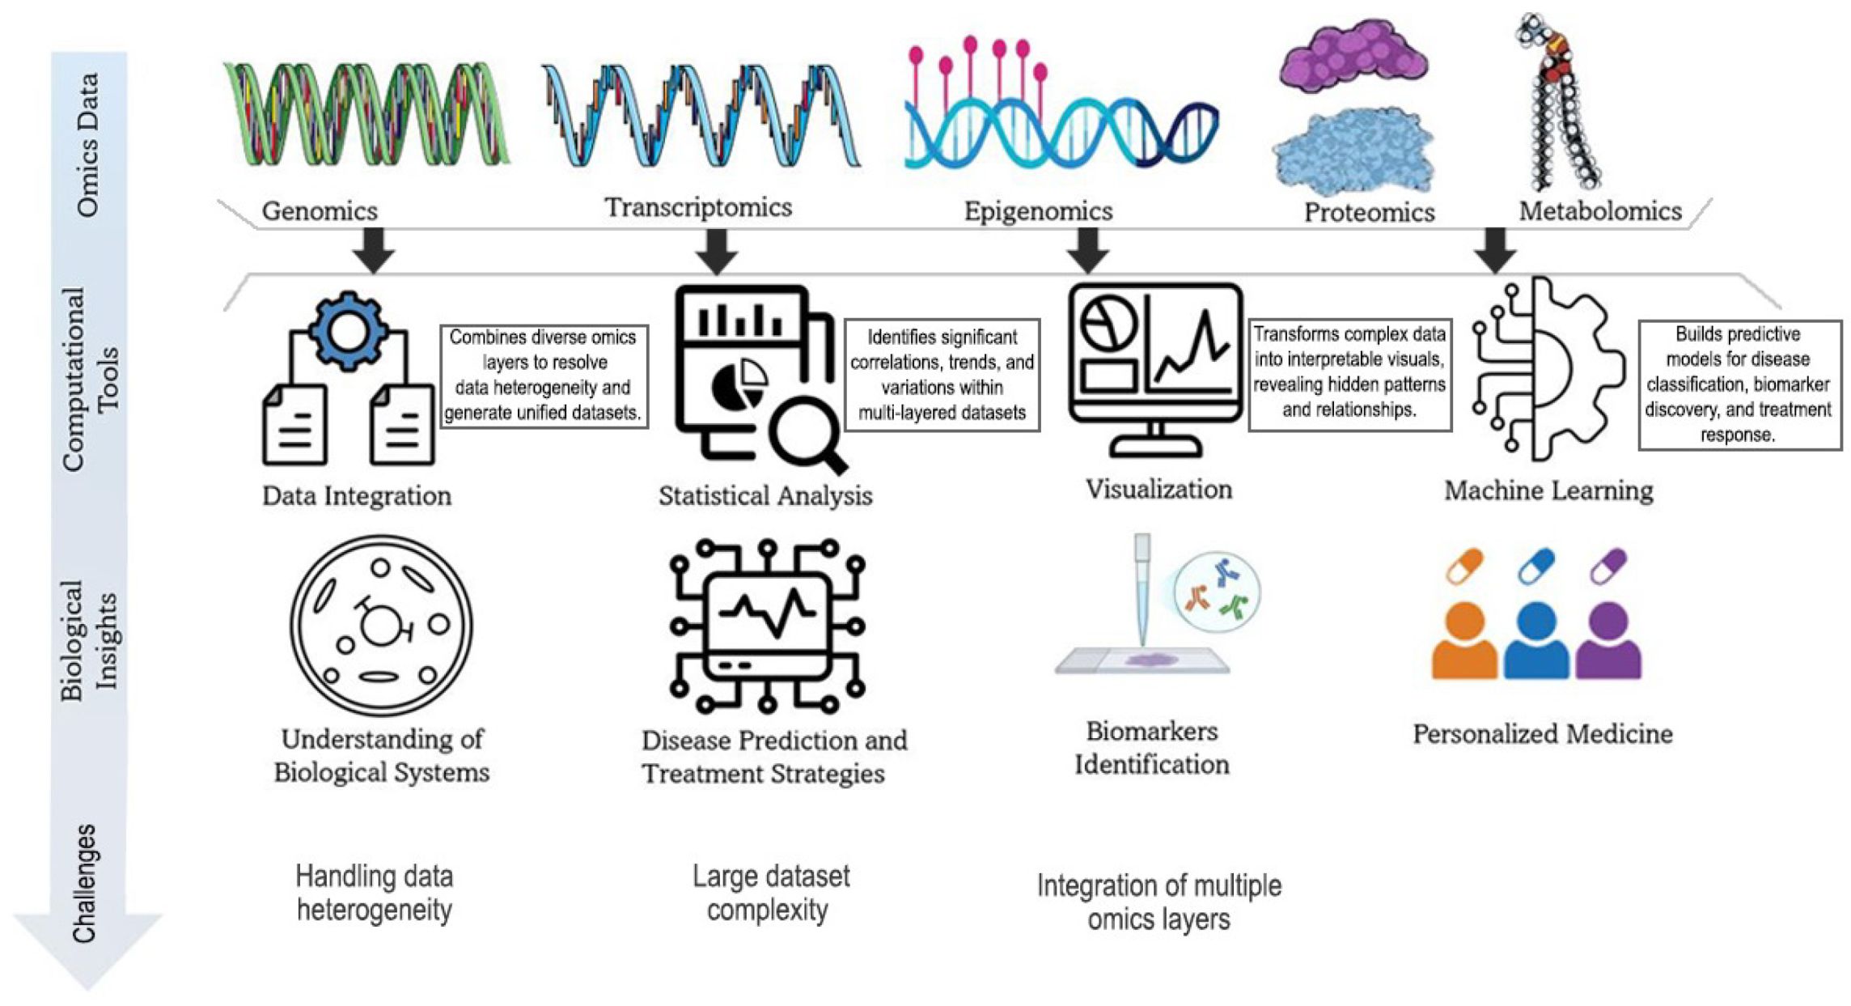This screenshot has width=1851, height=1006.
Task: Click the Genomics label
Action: (x=320, y=211)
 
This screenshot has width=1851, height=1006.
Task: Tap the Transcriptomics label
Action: (x=698, y=207)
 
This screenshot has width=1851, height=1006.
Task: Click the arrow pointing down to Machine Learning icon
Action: (x=1494, y=249)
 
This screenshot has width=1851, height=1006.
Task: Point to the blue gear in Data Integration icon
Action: (x=349, y=333)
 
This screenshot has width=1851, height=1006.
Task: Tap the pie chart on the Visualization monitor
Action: (x=1110, y=325)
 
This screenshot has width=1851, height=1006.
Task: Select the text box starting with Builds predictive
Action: (x=1739, y=384)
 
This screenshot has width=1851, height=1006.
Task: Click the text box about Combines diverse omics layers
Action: (x=544, y=375)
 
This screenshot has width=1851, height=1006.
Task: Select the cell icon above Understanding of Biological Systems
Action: (x=381, y=624)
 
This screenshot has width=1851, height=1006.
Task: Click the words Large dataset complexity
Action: (x=770, y=893)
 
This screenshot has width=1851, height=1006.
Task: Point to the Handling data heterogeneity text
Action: (x=374, y=893)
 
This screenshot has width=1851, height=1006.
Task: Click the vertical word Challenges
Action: (x=84, y=883)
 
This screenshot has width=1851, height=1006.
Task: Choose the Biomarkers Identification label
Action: (x=1151, y=748)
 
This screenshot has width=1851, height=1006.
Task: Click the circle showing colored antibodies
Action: (x=1217, y=594)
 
